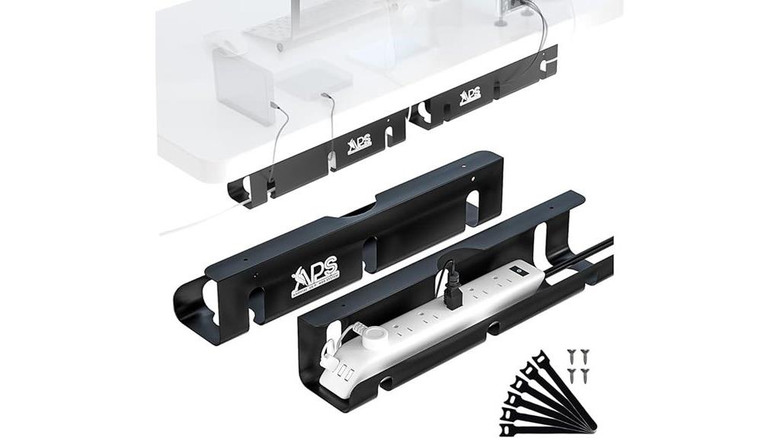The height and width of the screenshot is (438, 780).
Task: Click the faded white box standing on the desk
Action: pyautogui.click(x=241, y=84)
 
